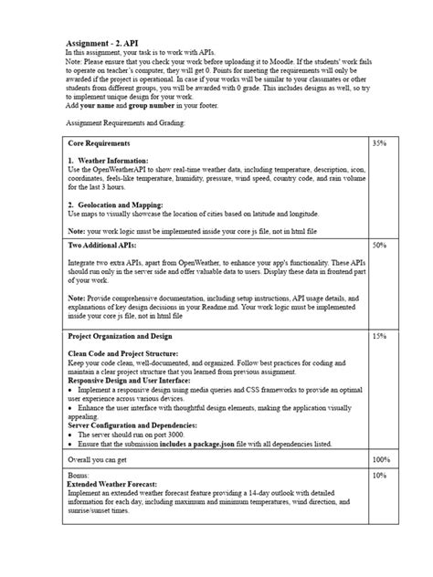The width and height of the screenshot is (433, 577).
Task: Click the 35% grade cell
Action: click(381, 144)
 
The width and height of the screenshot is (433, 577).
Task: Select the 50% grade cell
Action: click(381, 246)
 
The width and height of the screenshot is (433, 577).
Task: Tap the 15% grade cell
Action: click(381, 337)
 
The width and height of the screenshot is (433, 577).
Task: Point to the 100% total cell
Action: click(383, 459)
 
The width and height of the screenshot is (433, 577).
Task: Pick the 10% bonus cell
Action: click(381, 476)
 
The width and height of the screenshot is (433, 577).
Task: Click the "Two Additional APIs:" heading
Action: click(102, 246)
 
